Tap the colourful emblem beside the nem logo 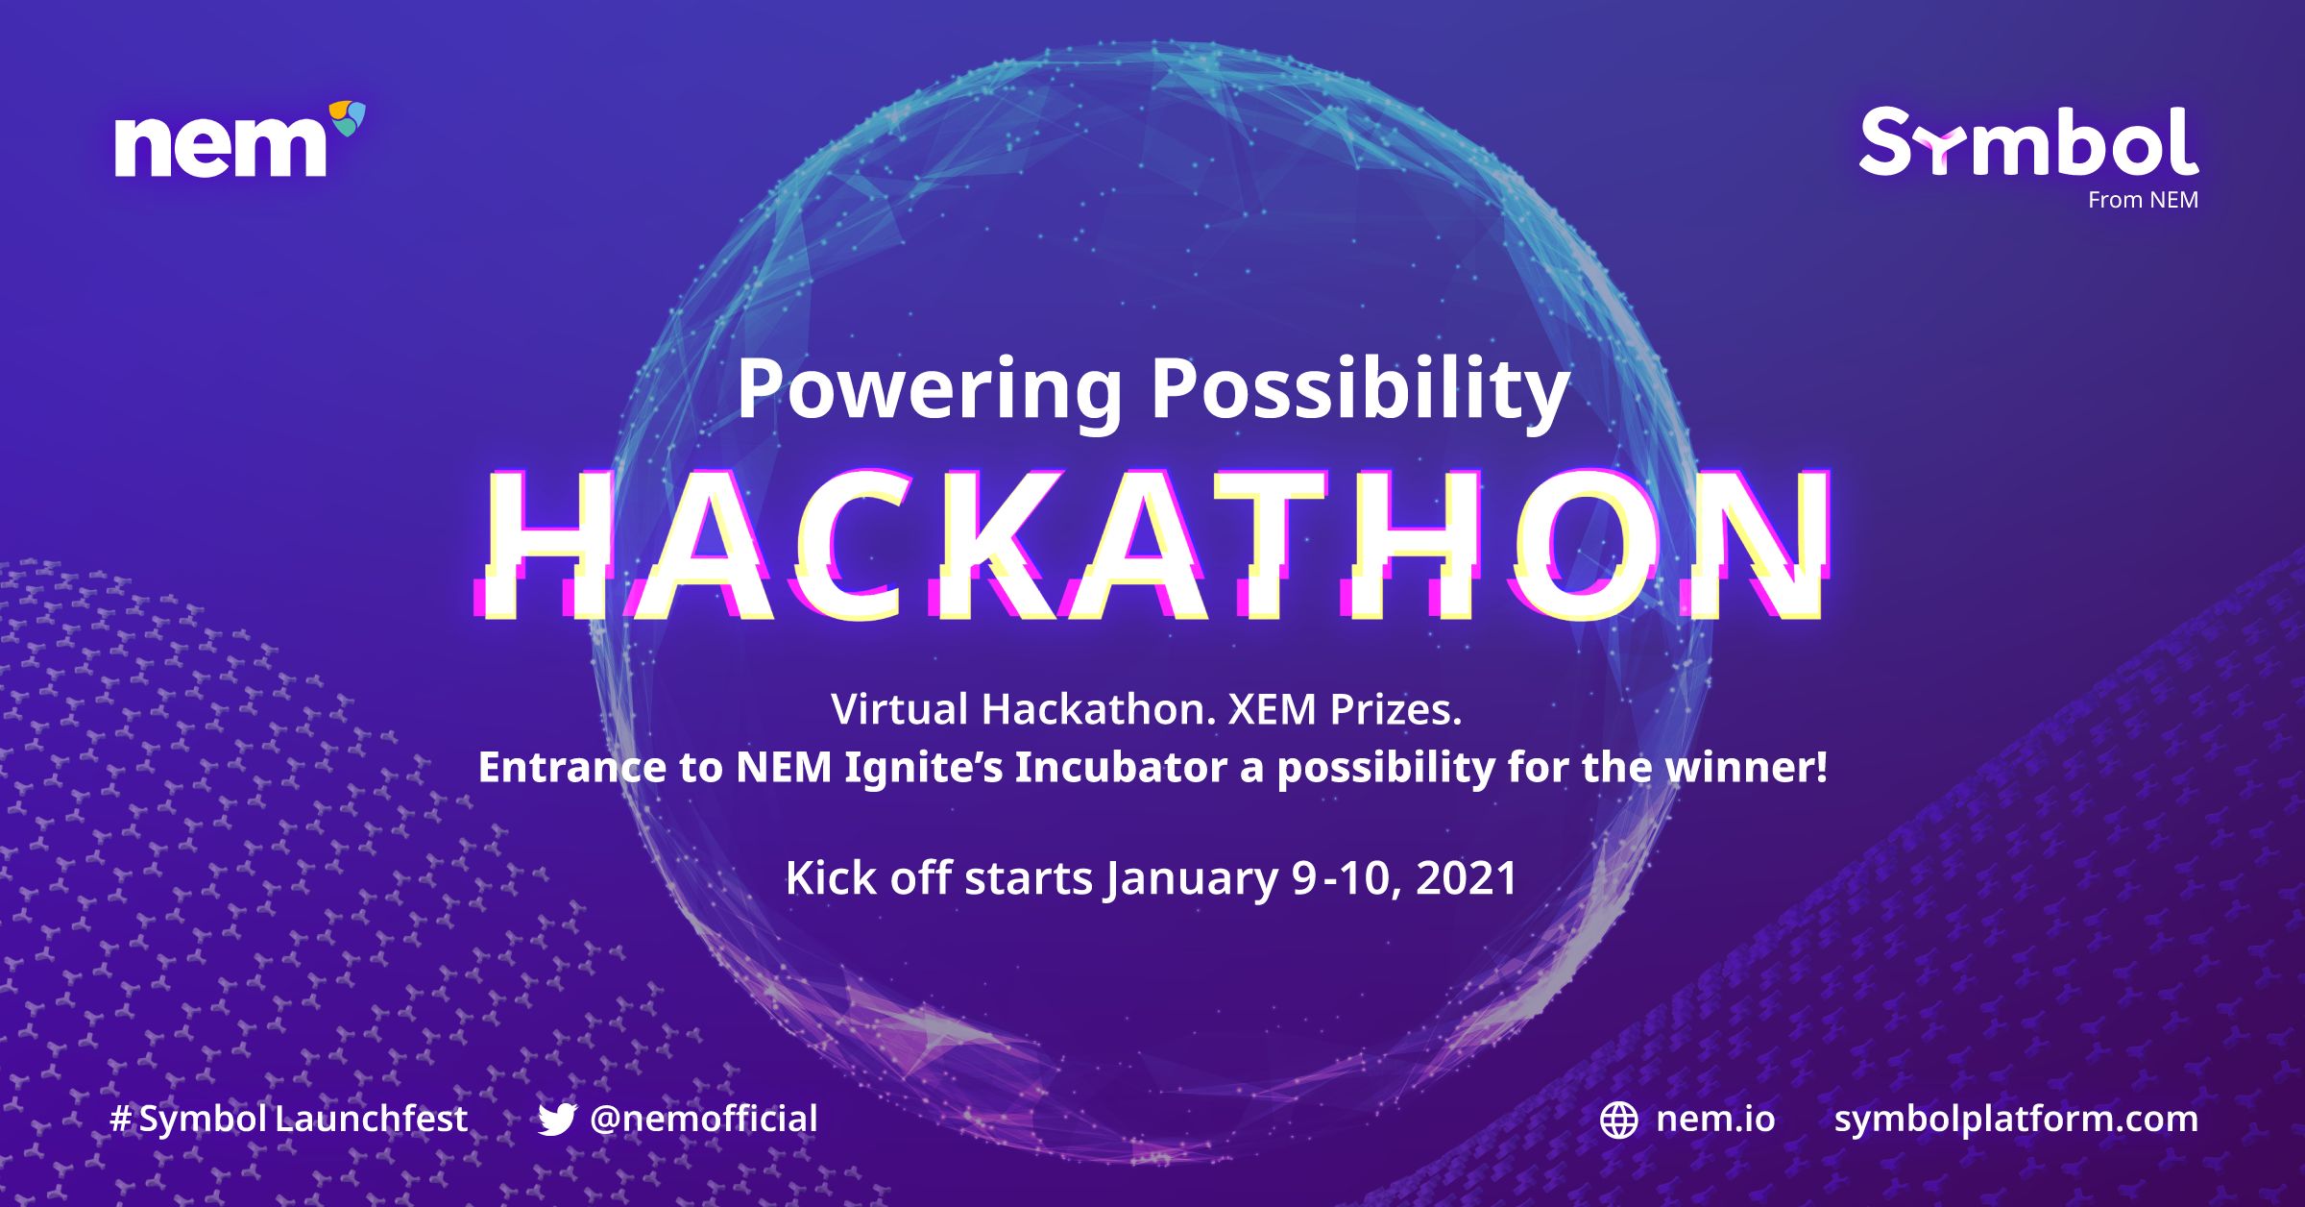pos(348,117)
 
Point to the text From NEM pos(2143,200)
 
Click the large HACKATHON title pos(1152,546)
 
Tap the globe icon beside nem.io pos(1619,1121)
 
